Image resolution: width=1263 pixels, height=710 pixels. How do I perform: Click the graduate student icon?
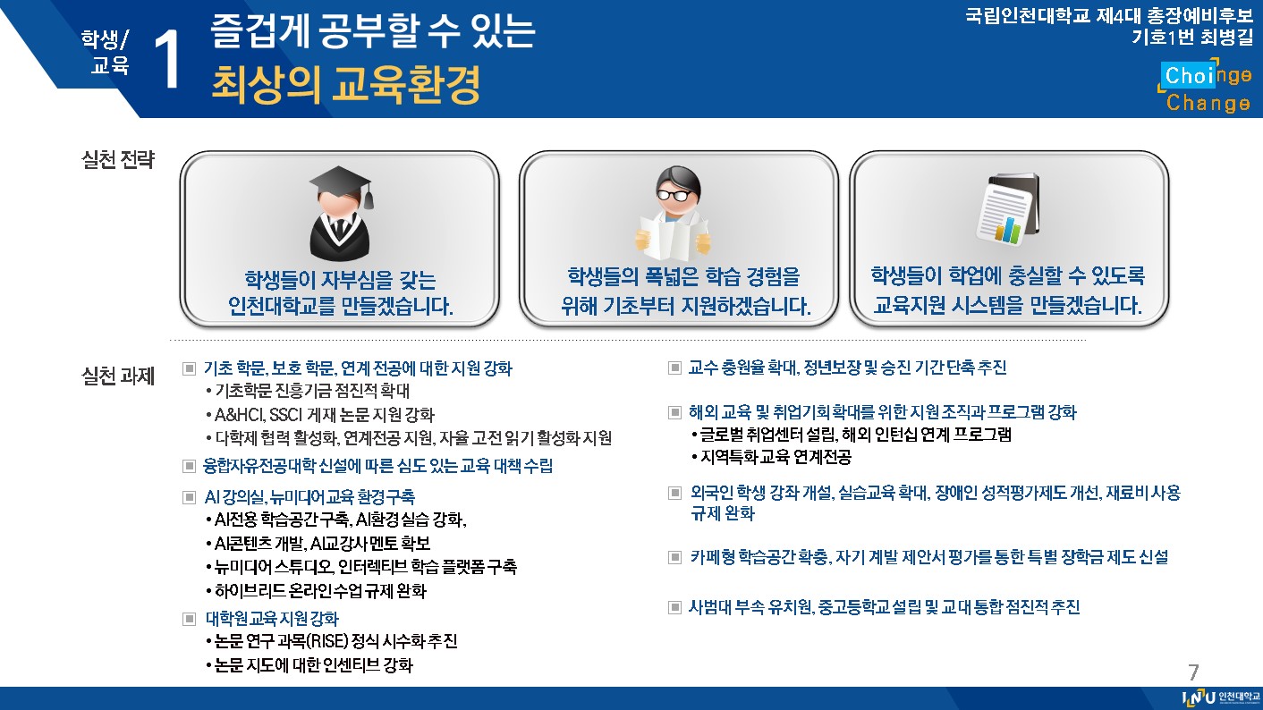[x=341, y=214]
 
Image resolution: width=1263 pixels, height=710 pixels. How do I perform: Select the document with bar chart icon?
[x=1008, y=208]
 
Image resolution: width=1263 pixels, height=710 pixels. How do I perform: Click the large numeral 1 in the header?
[x=167, y=59]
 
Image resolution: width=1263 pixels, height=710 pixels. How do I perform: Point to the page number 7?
[x=1193, y=672]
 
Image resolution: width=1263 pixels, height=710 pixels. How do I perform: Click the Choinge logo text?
[x=1206, y=75]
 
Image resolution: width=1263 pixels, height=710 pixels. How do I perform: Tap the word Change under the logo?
[x=1208, y=103]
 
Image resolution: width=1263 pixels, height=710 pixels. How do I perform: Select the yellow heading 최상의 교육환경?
[x=345, y=85]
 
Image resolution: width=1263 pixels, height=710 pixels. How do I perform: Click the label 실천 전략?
[x=118, y=160]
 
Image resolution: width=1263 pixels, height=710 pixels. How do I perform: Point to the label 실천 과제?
[x=118, y=376]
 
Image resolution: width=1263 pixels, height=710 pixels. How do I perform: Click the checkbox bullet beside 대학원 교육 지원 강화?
[x=189, y=620]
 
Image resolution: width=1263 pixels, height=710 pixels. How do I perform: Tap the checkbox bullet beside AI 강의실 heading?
[x=189, y=497]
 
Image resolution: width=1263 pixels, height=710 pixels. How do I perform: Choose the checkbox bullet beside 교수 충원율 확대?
[x=674, y=368]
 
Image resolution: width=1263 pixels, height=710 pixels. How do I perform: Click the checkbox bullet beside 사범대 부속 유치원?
[x=674, y=607]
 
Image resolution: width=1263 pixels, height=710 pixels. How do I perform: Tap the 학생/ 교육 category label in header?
[x=106, y=52]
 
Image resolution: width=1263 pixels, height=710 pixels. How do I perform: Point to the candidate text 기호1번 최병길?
[x=1192, y=38]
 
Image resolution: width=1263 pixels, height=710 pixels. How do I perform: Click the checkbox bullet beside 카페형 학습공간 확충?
[x=674, y=557]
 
